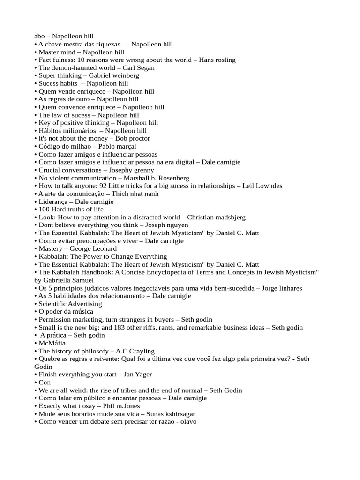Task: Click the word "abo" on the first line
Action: (x=40, y=36)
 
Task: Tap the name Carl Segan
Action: (x=138, y=67)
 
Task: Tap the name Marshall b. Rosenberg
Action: (x=157, y=178)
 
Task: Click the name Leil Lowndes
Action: (x=262, y=186)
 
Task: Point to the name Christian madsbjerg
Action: (x=216, y=217)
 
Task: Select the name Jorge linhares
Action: (x=282, y=288)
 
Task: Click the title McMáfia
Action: (x=52, y=343)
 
